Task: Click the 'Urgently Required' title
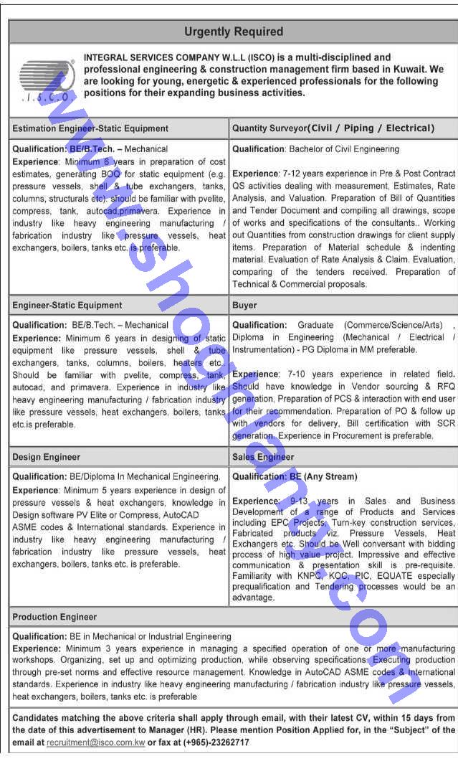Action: pyautogui.click(x=234, y=32)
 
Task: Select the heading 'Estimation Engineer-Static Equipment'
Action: pyautogui.click(x=90, y=128)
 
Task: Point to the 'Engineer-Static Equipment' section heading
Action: pyautogui.click(x=67, y=305)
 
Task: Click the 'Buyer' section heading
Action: pyautogui.click(x=244, y=305)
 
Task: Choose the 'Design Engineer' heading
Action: pyautogui.click(x=47, y=457)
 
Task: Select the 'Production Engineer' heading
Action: pyautogui.click(x=54, y=617)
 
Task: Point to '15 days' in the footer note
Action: pyautogui.click(x=400, y=718)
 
